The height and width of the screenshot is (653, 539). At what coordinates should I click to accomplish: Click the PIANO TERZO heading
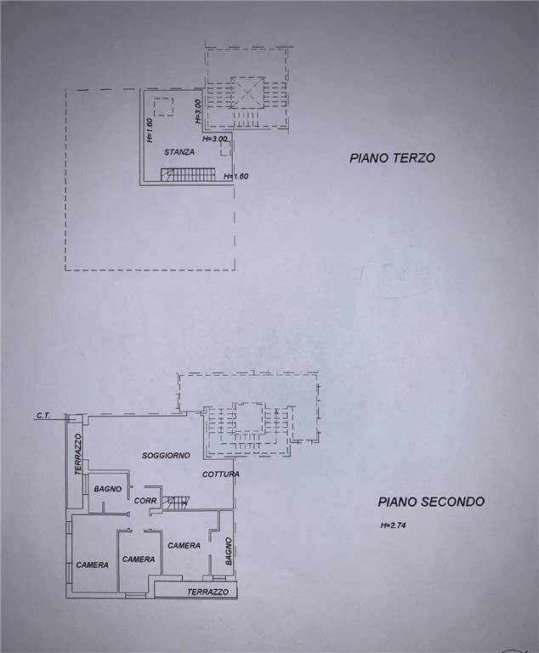pyautogui.click(x=393, y=158)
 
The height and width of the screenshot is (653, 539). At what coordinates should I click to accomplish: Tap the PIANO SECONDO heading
pyautogui.click(x=431, y=502)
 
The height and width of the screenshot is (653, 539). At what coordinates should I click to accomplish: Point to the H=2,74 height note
pyautogui.click(x=393, y=525)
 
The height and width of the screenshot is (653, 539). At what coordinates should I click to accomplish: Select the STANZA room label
pyautogui.click(x=179, y=152)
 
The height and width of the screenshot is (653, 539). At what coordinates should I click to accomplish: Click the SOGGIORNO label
pyautogui.click(x=166, y=456)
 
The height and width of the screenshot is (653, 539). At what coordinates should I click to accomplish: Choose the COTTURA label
pyautogui.click(x=221, y=474)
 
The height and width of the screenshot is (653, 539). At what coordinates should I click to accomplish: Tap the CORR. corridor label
pyautogui.click(x=145, y=501)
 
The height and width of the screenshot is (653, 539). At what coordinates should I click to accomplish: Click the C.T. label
pyautogui.click(x=43, y=416)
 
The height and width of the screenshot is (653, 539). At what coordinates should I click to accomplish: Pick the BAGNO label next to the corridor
pyautogui.click(x=107, y=489)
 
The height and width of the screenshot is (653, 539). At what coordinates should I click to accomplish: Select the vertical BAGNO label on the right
pyautogui.click(x=228, y=551)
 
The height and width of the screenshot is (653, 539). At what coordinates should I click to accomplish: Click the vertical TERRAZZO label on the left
pyautogui.click(x=78, y=454)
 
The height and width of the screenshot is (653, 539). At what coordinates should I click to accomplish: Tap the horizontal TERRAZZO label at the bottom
pyautogui.click(x=207, y=592)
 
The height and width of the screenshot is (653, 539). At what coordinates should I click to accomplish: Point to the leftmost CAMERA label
pyautogui.click(x=92, y=565)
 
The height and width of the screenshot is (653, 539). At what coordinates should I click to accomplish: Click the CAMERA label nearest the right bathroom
pyautogui.click(x=184, y=546)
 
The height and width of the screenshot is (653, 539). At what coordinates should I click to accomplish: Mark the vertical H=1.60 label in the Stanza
pyautogui.click(x=150, y=130)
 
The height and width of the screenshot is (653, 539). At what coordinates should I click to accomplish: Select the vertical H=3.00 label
pyautogui.click(x=198, y=111)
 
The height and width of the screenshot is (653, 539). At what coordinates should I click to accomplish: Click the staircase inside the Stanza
pyautogui.click(x=188, y=174)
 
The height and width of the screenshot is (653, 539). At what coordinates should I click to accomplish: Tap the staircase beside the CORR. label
pyautogui.click(x=175, y=503)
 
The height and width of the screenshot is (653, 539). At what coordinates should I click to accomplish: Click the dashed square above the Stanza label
pyautogui.click(x=164, y=107)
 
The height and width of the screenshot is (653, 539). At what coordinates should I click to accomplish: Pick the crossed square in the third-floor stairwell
pyautogui.click(x=248, y=93)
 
